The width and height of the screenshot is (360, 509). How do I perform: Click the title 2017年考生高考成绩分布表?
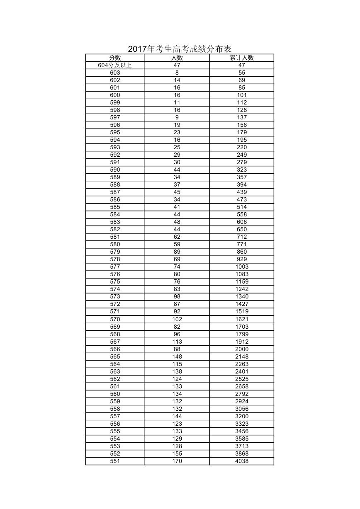click(x=179, y=49)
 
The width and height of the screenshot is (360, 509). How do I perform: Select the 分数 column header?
click(x=115, y=58)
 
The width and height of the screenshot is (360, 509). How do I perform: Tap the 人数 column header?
click(x=177, y=58)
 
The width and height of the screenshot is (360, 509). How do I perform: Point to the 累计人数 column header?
click(x=242, y=58)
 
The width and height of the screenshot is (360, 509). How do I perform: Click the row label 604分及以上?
click(x=115, y=65)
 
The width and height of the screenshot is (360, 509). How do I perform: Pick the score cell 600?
click(x=115, y=95)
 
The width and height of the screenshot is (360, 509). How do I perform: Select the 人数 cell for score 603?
click(x=177, y=73)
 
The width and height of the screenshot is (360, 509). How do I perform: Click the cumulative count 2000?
click(x=242, y=349)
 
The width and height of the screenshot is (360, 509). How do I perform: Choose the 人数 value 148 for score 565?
click(x=177, y=356)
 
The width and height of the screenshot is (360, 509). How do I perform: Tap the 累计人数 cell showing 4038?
click(x=242, y=461)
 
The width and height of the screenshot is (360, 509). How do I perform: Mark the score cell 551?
click(x=115, y=461)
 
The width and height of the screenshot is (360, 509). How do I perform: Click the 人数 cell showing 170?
click(x=177, y=461)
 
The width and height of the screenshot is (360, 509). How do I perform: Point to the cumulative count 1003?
click(x=242, y=267)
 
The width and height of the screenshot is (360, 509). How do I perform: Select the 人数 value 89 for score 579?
click(x=177, y=252)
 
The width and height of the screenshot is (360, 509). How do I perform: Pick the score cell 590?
click(x=115, y=170)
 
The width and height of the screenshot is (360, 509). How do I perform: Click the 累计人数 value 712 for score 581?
click(x=242, y=237)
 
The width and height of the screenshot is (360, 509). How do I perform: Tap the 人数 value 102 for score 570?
click(x=177, y=319)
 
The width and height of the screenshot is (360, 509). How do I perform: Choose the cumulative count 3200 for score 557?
click(x=242, y=416)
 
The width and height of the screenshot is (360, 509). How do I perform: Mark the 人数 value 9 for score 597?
click(x=177, y=117)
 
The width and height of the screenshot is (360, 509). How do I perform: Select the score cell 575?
click(x=115, y=281)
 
